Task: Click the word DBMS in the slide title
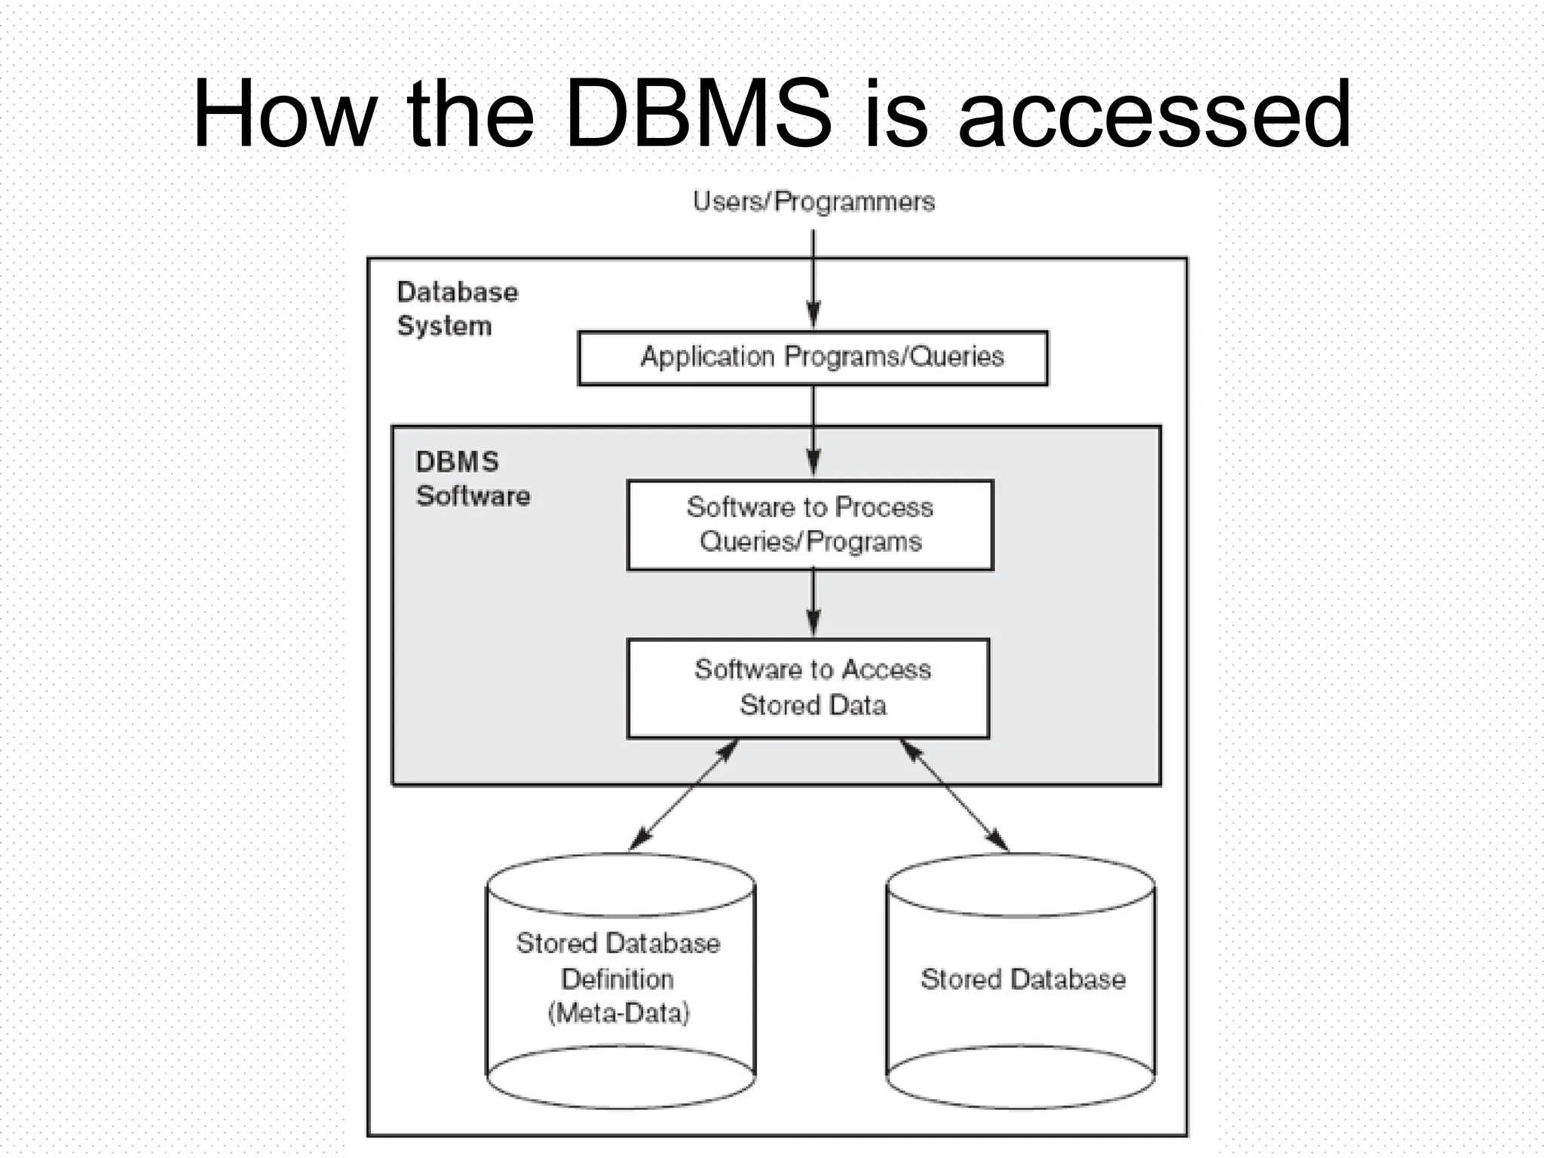[x=698, y=115]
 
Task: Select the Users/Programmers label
[x=813, y=201]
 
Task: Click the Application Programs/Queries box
[x=813, y=357]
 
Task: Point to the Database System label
[x=457, y=308]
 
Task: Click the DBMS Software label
[x=472, y=479]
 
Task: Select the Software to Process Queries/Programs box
[x=810, y=525]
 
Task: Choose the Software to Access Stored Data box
[x=809, y=688]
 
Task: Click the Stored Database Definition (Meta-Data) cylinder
[x=620, y=980]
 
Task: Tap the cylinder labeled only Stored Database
[x=1021, y=980]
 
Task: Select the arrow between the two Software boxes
[x=813, y=604]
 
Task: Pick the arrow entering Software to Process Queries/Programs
[x=813, y=433]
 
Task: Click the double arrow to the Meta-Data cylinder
[x=683, y=795]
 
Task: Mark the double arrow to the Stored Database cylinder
[x=954, y=795]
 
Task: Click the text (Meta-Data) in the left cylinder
[x=618, y=1012]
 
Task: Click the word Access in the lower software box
[x=886, y=669]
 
